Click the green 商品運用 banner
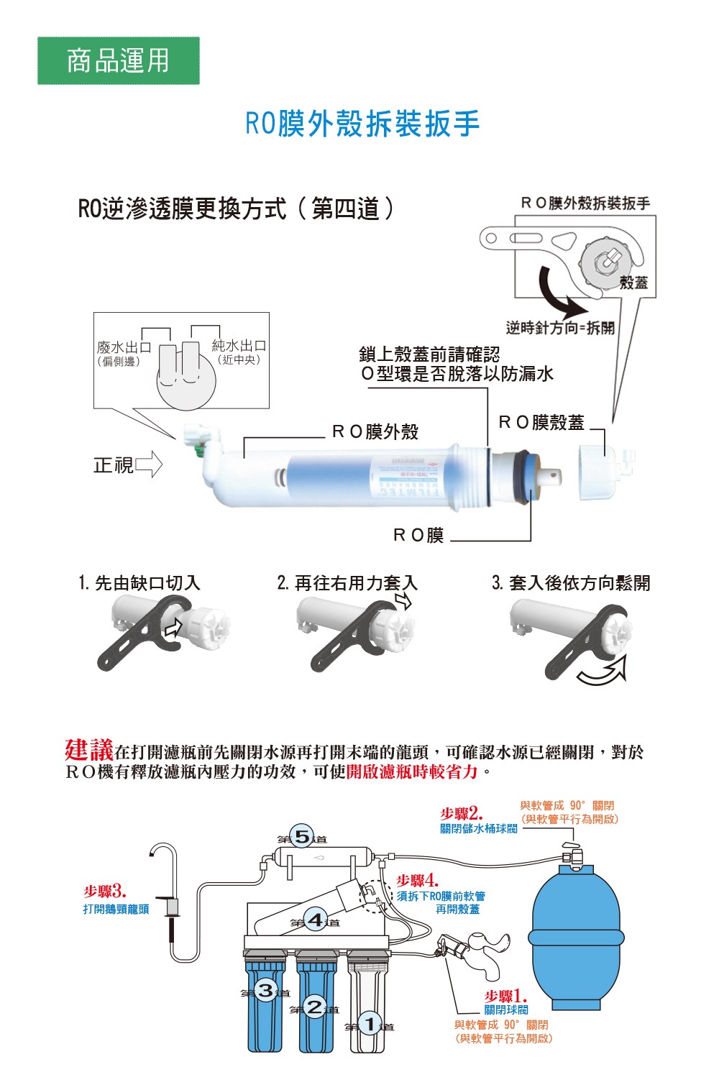[118, 60]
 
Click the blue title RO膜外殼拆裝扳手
[362, 124]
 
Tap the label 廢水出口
[124, 347]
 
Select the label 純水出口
[239, 346]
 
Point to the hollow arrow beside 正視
[148, 465]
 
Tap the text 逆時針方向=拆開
[560, 328]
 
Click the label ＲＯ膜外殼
[375, 431]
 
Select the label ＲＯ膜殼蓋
[541, 423]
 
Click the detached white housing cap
[599, 471]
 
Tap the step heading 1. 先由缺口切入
[139, 582]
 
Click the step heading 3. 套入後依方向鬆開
[571, 582]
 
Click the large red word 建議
[88, 750]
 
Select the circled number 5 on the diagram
[302, 837]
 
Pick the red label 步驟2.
[461, 813]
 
